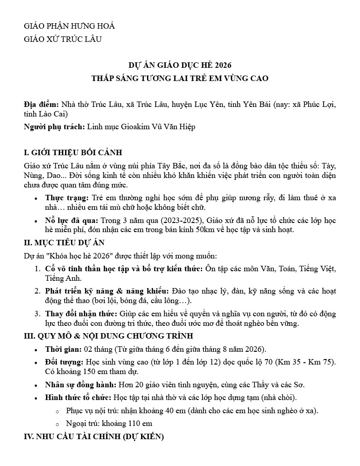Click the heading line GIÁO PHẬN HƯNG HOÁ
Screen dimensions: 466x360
tap(69, 26)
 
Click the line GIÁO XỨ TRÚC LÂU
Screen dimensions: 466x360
tap(62, 39)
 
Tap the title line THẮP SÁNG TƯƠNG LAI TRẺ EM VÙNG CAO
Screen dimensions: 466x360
tap(180, 78)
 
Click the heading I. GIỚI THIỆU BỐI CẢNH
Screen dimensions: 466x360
tap(73, 152)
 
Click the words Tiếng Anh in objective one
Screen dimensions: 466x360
tap(63, 278)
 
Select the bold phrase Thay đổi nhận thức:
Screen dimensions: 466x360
tap(81, 314)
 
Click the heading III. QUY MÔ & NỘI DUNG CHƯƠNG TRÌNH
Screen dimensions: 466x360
tap(108, 336)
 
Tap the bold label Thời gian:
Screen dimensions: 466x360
tap(63, 349)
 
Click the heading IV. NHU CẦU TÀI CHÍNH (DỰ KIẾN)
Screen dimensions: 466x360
tap(93, 437)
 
